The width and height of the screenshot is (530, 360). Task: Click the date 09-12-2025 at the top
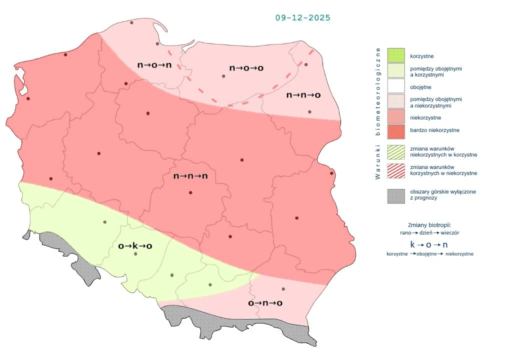(303, 17)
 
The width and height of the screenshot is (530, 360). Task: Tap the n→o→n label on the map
(154, 65)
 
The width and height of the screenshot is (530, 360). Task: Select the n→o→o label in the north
(246, 67)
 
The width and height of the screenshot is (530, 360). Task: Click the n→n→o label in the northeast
(303, 95)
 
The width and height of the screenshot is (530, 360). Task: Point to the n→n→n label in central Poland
(190, 176)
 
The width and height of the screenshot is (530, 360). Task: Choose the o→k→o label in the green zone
(135, 245)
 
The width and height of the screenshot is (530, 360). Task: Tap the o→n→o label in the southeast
(265, 303)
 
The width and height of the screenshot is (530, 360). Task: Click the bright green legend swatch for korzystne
(395, 55)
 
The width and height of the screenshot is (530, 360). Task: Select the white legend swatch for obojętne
(395, 87)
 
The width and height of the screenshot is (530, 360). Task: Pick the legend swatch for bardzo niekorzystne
(395, 130)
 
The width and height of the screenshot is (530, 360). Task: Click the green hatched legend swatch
(395, 151)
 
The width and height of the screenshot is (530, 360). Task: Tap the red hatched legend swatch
(395, 169)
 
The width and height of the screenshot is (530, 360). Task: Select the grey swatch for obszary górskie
(395, 195)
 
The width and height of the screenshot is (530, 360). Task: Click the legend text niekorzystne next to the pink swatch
(425, 117)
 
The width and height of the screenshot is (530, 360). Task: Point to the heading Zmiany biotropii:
(429, 225)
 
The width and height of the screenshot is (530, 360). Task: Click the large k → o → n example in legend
(429, 244)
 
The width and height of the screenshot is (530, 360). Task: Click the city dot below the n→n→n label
(190, 192)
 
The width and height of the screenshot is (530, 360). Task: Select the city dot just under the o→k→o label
(135, 254)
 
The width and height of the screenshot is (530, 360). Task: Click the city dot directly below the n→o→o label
(223, 76)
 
